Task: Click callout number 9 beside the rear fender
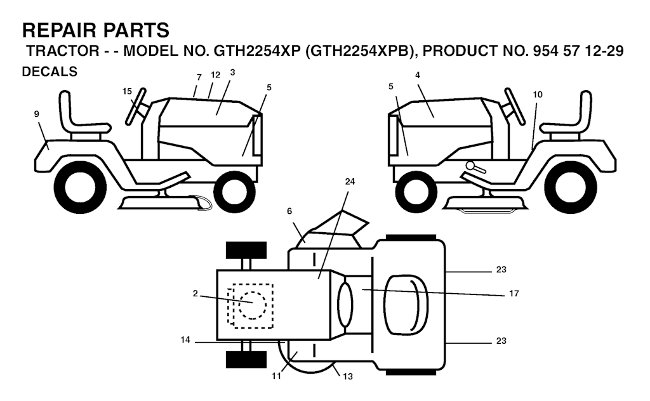tap(37, 114)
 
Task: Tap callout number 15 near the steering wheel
tap(127, 91)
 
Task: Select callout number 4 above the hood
tap(418, 75)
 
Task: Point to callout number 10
tap(538, 95)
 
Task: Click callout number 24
tap(350, 181)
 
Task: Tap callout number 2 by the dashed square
tap(196, 293)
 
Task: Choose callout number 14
tap(185, 340)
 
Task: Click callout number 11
tap(276, 376)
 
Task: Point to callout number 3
tap(232, 72)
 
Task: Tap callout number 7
tap(199, 77)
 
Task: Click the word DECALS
tap(50, 72)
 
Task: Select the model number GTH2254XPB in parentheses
tap(359, 52)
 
